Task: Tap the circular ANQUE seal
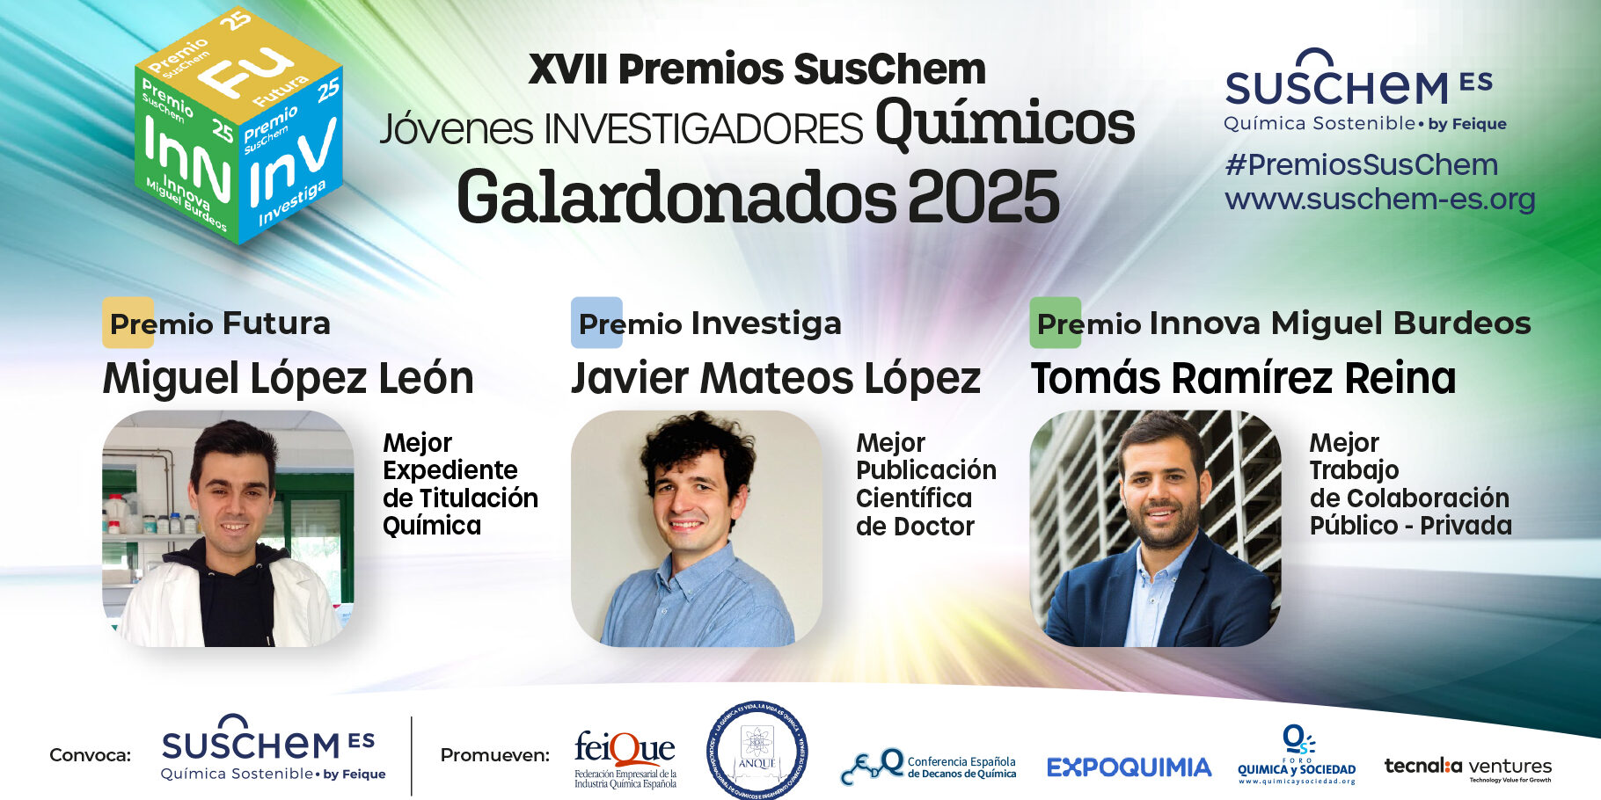pos(757,750)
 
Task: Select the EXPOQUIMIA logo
pos(1129,767)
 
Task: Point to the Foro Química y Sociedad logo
pos(1297,755)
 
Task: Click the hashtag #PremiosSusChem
pos(1361,164)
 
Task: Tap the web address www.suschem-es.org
pos(1379,200)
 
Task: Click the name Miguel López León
pos(288,379)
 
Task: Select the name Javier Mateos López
pos(775,379)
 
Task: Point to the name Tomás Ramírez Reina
pos(1243,379)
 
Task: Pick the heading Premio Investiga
pos(709,324)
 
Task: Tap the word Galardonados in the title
pos(676,198)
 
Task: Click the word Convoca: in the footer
pos(90,755)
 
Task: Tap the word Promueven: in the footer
pos(494,755)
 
